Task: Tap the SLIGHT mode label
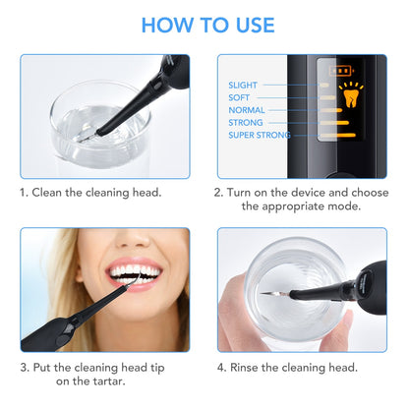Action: pyautogui.click(x=243, y=86)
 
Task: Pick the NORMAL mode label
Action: pyautogui.click(x=246, y=110)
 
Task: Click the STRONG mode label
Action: pyautogui.click(x=246, y=123)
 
